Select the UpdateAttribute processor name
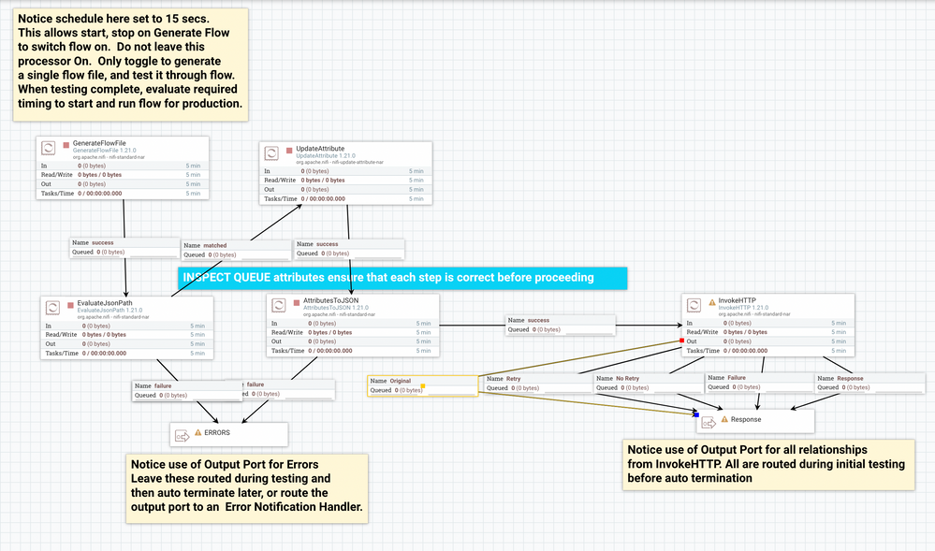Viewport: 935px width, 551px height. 320,149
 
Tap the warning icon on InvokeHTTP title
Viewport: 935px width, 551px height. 713,301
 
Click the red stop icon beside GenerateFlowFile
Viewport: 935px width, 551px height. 66,144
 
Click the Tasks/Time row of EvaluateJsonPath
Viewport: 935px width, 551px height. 126,353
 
